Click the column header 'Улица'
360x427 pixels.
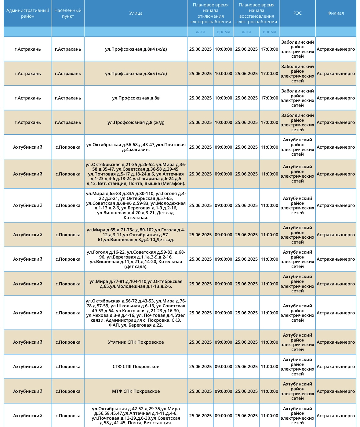pos(136,13)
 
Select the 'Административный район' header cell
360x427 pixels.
pos(28,13)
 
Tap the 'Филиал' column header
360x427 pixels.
pos(336,13)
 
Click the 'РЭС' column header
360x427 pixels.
pos(297,13)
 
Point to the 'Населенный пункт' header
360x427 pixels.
pos(68,13)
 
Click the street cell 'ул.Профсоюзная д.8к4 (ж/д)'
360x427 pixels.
pos(136,49)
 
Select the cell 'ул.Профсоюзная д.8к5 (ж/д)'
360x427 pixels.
pos(136,74)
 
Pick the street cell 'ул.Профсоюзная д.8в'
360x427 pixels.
pos(136,98)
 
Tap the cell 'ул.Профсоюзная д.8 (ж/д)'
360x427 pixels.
pos(136,122)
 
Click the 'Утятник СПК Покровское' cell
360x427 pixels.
pos(136,342)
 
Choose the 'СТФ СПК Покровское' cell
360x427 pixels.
pos(136,367)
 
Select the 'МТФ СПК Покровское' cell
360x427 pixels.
pos(136,391)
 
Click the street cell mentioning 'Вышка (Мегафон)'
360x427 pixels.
pos(136,174)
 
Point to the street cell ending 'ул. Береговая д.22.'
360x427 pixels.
pos(136,313)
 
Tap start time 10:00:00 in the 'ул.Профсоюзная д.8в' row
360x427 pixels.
pos(224,98)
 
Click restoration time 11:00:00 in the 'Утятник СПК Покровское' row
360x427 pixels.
pos(269,342)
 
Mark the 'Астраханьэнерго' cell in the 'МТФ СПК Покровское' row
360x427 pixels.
pos(336,391)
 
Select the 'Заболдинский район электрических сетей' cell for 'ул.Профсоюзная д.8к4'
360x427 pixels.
pos(297,49)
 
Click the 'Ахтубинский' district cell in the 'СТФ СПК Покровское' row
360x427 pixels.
pos(28,367)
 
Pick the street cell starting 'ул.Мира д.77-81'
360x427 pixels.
pos(136,284)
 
